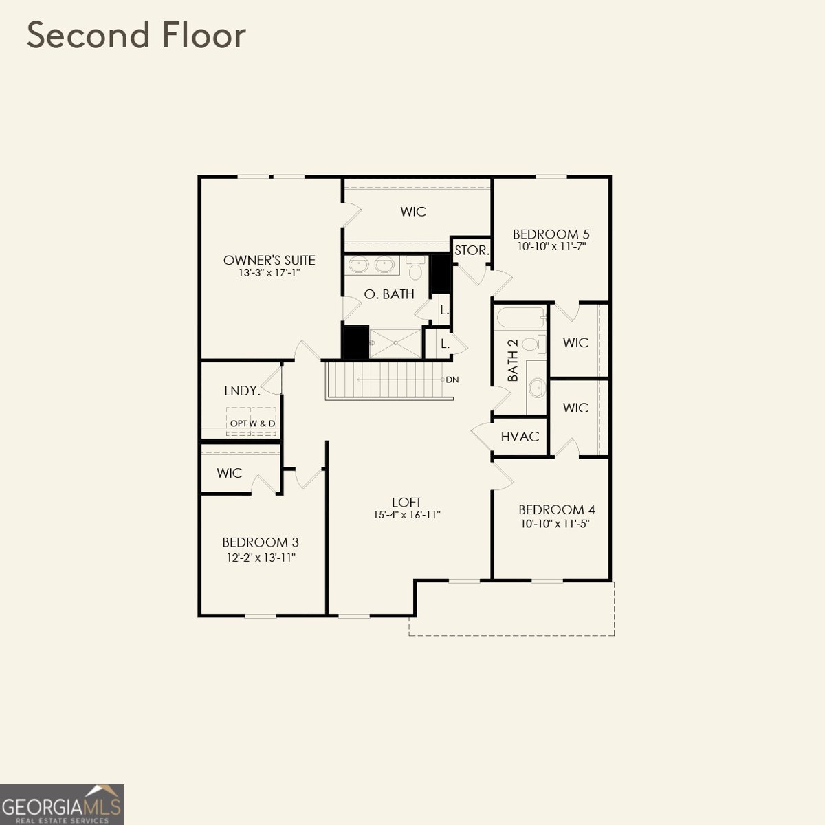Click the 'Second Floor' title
(x=136, y=36)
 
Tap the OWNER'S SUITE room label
(x=269, y=260)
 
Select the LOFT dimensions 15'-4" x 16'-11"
(x=406, y=515)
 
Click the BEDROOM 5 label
(x=551, y=234)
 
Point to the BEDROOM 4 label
(x=556, y=509)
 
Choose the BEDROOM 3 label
(x=261, y=542)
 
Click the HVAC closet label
(x=520, y=437)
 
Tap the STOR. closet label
(x=472, y=251)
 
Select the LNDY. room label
(x=242, y=390)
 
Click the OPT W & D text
(x=252, y=423)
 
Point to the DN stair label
(x=452, y=379)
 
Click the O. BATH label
(x=389, y=294)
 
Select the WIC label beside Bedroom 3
(x=230, y=473)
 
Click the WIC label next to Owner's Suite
(x=413, y=212)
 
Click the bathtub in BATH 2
(x=520, y=318)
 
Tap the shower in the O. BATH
(x=395, y=342)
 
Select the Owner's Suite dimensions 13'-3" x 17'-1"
(x=269, y=273)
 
